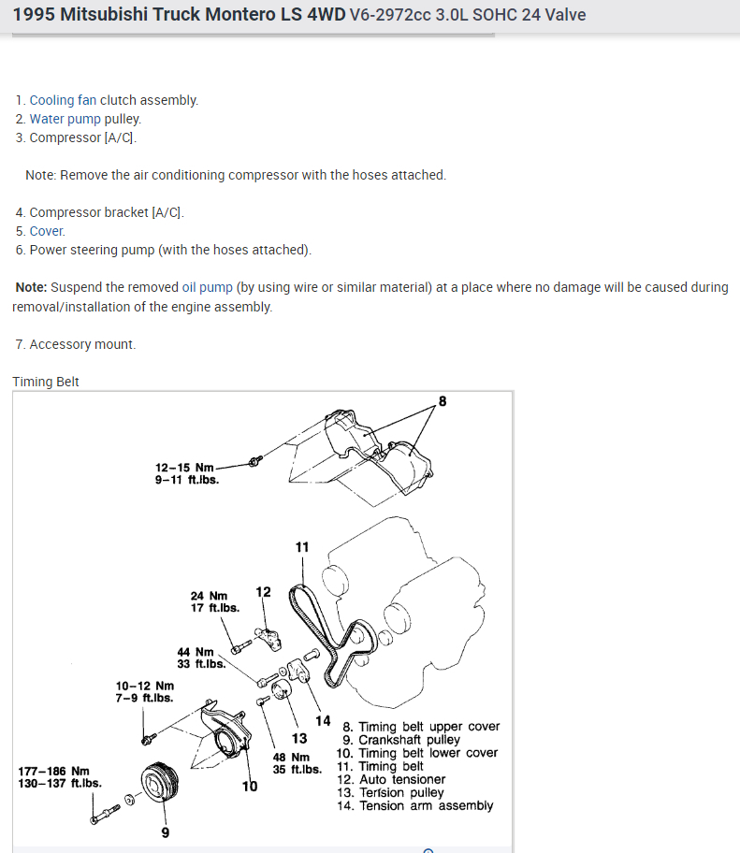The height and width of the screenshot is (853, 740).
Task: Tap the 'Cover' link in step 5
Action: pos(47,231)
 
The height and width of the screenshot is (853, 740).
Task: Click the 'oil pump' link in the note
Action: pos(207,287)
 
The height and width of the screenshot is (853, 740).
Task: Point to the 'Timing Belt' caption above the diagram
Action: pos(46,382)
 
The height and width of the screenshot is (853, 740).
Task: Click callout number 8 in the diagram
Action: pos(443,401)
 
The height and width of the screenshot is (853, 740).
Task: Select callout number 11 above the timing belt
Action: pos(302,546)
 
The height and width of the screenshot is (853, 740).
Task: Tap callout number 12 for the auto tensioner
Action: pos(263,592)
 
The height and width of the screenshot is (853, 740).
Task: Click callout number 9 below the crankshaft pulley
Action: pos(166,832)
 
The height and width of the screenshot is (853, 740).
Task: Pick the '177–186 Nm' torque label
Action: pos(52,771)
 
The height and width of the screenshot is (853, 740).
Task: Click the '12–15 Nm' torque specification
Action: pos(185,467)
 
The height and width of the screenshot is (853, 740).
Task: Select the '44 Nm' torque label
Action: pos(196,652)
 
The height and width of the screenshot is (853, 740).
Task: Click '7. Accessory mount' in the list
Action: pos(76,344)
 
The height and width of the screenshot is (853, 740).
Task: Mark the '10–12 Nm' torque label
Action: pos(145,686)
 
